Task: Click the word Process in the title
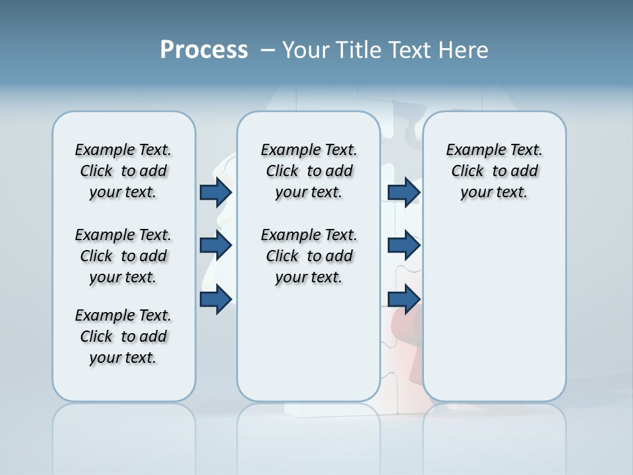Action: (x=204, y=50)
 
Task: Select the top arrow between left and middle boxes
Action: (x=216, y=193)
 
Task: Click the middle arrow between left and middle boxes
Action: (x=216, y=245)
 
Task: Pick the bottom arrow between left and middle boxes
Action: (x=216, y=300)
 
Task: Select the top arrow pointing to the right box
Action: (x=404, y=193)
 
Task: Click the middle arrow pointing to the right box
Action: (x=404, y=245)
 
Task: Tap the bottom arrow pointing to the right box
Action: (x=404, y=300)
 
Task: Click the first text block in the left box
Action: (x=123, y=171)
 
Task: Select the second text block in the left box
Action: (x=123, y=256)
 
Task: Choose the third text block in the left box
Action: (x=123, y=336)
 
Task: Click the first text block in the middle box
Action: (x=309, y=171)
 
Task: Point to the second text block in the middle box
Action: (x=309, y=256)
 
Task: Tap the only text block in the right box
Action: (x=494, y=171)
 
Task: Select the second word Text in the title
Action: (x=408, y=50)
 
